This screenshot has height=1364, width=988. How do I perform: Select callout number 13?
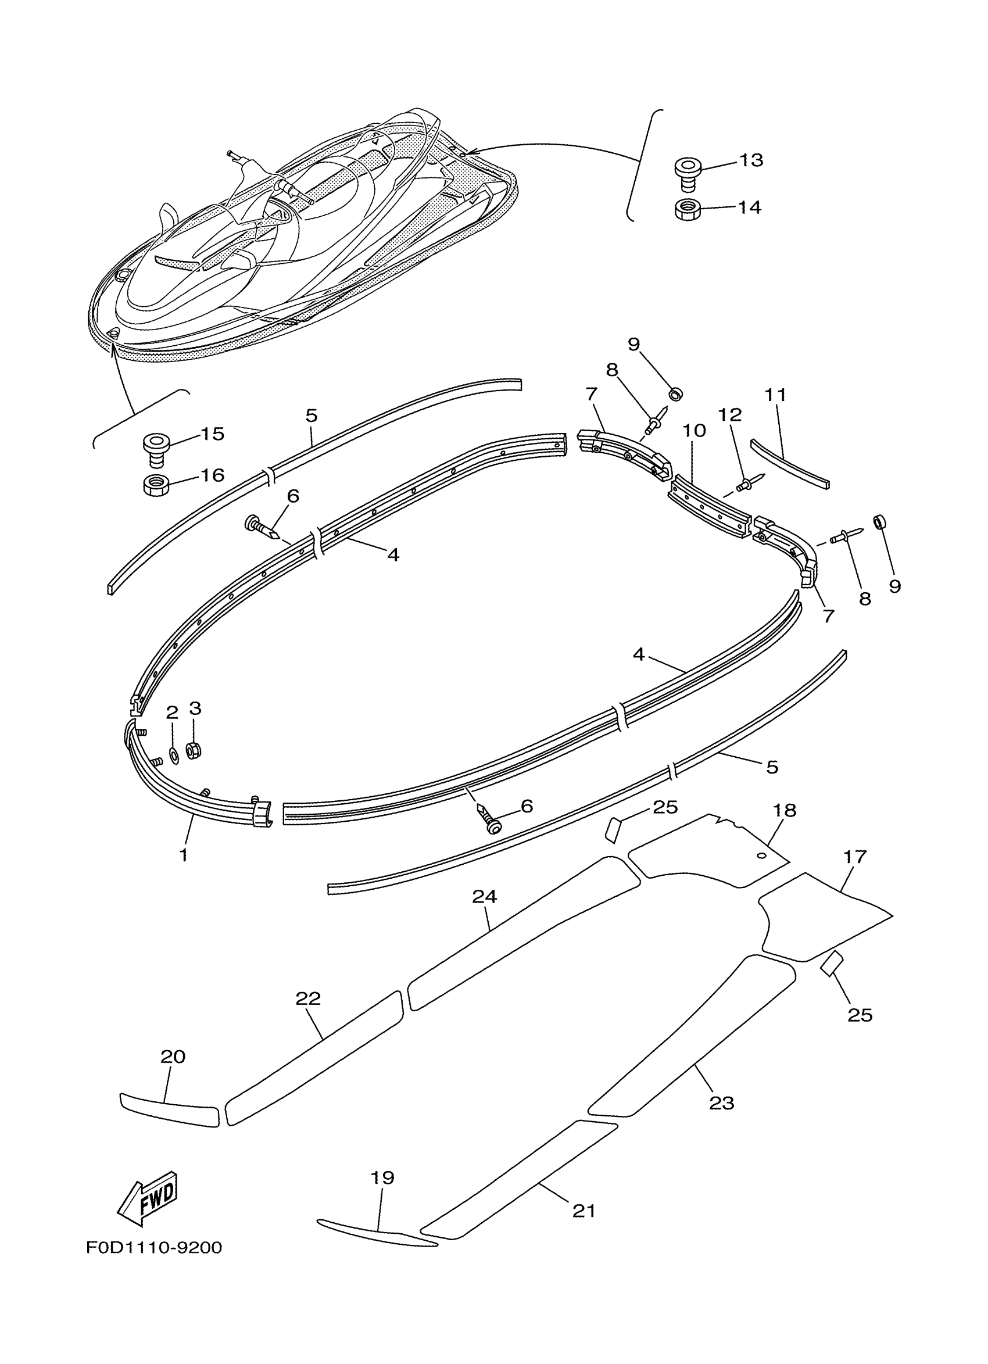[x=750, y=160]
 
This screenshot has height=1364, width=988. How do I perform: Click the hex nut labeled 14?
[x=686, y=210]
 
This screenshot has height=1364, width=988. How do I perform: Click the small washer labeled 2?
[x=174, y=755]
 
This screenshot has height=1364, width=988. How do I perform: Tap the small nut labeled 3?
[x=193, y=750]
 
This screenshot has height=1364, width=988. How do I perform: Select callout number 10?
[x=694, y=431]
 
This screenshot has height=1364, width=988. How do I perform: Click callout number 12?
[x=729, y=415]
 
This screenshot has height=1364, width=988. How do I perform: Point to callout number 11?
[x=776, y=395]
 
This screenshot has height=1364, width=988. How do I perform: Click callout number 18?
[x=784, y=810]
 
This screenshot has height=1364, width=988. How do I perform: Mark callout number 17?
[x=854, y=857]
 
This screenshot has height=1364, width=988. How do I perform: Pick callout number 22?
[x=309, y=999]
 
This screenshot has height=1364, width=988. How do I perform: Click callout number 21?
[x=584, y=1210]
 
